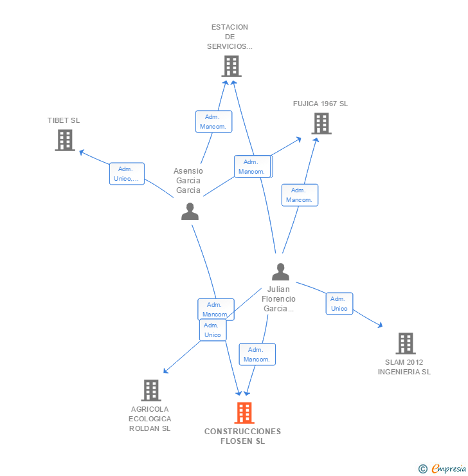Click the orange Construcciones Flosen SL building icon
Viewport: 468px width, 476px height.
(244, 413)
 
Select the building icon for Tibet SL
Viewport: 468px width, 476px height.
(65, 140)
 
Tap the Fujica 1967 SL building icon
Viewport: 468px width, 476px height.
(321, 124)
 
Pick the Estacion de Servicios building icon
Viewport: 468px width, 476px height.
(231, 66)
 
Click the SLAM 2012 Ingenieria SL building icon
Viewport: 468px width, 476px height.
(405, 343)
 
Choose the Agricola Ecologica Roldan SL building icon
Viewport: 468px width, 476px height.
(150, 390)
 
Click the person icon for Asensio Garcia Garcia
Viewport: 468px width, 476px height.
(190, 212)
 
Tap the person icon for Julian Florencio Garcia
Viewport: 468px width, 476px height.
(280, 272)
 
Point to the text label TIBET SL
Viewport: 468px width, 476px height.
(64, 120)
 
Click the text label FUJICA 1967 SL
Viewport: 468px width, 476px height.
(320, 104)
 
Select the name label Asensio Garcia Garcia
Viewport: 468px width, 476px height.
(188, 181)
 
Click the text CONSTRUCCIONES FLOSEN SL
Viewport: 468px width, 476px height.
(243, 436)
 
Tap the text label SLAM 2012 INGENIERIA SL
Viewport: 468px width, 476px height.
(404, 367)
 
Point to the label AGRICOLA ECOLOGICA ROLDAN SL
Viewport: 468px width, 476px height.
(150, 419)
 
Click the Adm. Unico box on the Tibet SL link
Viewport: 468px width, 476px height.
(127, 174)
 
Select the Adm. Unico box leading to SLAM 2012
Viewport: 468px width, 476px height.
(339, 304)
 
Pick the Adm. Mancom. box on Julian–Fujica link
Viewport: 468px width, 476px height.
(300, 195)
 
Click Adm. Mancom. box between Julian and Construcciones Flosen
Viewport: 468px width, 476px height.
(257, 354)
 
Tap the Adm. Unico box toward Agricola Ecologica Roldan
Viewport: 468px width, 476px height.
(212, 330)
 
